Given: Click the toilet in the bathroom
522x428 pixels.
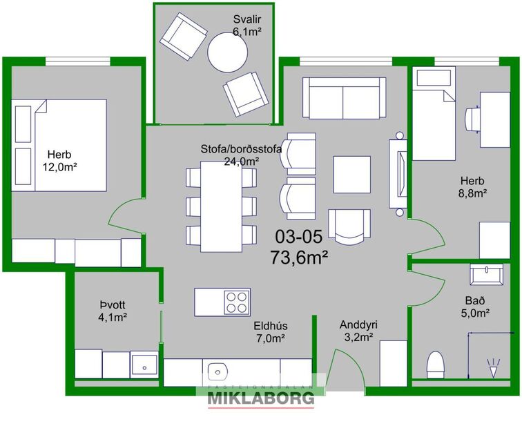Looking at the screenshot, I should click(x=435, y=364).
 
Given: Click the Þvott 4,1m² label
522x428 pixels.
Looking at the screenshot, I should click(x=111, y=311).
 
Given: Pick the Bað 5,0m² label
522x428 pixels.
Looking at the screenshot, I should click(x=475, y=307).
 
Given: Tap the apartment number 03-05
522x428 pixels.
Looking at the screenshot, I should click(x=298, y=237).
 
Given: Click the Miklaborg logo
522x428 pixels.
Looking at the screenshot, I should click(x=261, y=396).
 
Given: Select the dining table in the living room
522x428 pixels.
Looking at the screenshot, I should click(x=220, y=206).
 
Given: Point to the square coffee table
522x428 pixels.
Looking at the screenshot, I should click(x=351, y=175).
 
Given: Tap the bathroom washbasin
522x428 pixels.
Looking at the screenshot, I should click(x=490, y=275).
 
